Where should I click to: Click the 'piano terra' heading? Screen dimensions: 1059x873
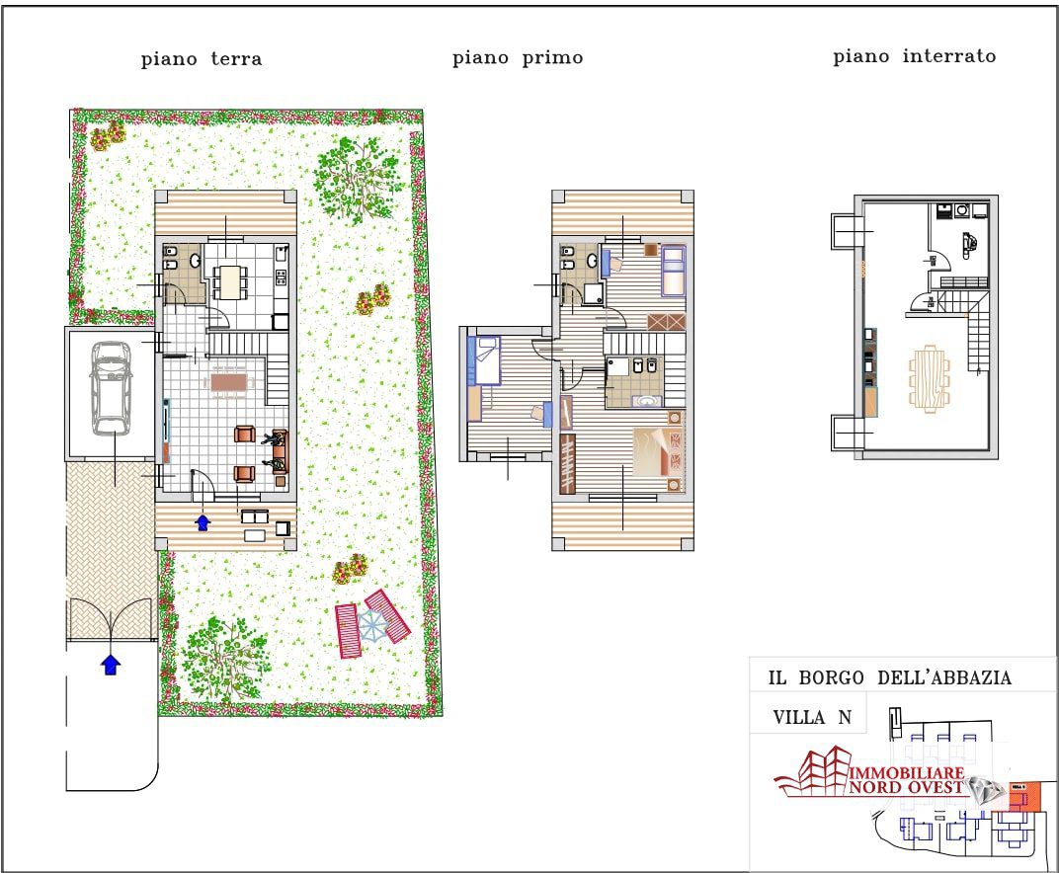click(x=202, y=59)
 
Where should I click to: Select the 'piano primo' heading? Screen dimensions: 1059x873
click(x=518, y=58)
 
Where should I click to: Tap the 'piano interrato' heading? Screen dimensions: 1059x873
click(x=914, y=56)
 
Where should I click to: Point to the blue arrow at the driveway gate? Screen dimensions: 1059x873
click(x=111, y=664)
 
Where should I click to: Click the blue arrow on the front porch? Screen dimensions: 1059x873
click(x=202, y=521)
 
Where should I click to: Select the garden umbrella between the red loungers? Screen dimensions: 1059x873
click(x=371, y=624)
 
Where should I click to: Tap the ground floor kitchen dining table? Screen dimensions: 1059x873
click(x=229, y=281)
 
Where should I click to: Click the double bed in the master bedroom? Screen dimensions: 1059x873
click(x=658, y=451)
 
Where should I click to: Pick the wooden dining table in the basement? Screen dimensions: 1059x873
click(x=929, y=379)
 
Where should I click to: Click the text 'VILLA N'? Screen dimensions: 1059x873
click(x=812, y=717)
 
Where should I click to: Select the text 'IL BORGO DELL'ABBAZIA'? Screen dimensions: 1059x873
click(x=889, y=677)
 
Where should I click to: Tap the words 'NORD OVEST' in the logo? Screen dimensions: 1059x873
click(x=905, y=786)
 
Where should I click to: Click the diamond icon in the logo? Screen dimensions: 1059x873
click(x=983, y=790)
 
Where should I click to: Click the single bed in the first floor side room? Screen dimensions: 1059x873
click(x=484, y=360)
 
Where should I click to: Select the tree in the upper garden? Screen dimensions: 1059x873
click(x=356, y=178)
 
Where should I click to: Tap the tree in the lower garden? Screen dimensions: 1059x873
click(x=226, y=657)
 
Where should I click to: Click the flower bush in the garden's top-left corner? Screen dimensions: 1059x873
click(x=107, y=135)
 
